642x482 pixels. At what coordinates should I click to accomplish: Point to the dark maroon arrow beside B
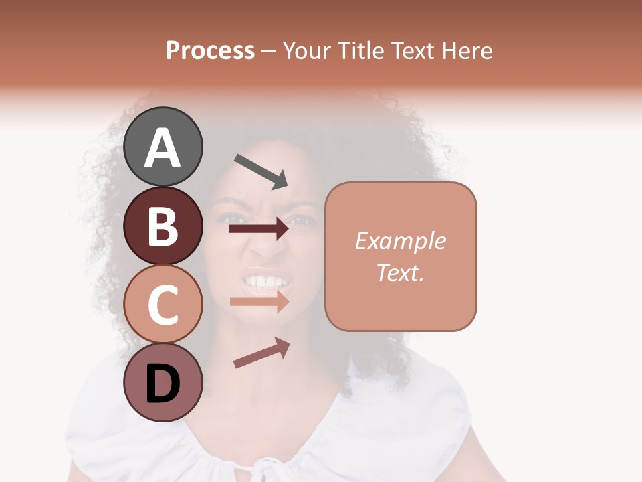pyautogui.click(x=259, y=229)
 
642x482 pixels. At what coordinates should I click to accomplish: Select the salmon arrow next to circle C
pyautogui.click(x=259, y=302)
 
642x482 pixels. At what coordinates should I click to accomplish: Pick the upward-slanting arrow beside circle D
pyautogui.click(x=261, y=353)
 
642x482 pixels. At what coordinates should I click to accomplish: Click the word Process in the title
pyautogui.click(x=210, y=50)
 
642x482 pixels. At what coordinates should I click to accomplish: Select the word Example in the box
pyautogui.click(x=400, y=241)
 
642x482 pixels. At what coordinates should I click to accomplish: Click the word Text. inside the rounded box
pyautogui.click(x=400, y=272)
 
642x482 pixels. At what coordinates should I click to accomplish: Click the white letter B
pyautogui.click(x=163, y=226)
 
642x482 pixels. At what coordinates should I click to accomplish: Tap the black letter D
pyautogui.click(x=163, y=384)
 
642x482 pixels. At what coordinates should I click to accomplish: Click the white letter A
pyautogui.click(x=163, y=148)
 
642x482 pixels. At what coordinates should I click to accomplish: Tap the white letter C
pyautogui.click(x=163, y=305)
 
